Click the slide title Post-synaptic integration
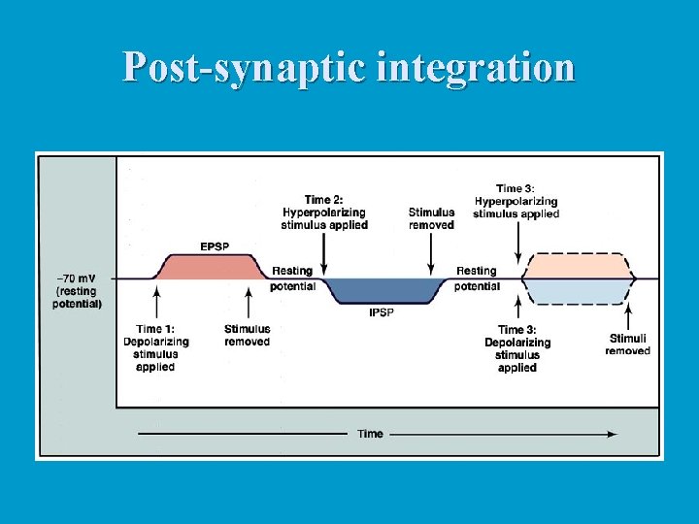click(349, 67)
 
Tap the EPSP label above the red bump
click(216, 246)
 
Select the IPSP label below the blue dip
click(381, 312)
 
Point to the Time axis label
click(370, 434)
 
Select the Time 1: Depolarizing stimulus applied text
click(155, 348)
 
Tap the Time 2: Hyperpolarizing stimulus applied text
click(324, 213)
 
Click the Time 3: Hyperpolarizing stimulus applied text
click(516, 201)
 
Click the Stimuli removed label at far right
click(627, 344)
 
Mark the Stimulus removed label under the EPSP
click(247, 336)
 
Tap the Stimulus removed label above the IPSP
click(431, 218)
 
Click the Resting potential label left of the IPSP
click(292, 278)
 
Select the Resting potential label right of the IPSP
click(477, 278)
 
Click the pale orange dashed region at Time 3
click(578, 267)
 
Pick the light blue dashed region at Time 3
click(578, 291)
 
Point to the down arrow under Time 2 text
click(324, 254)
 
